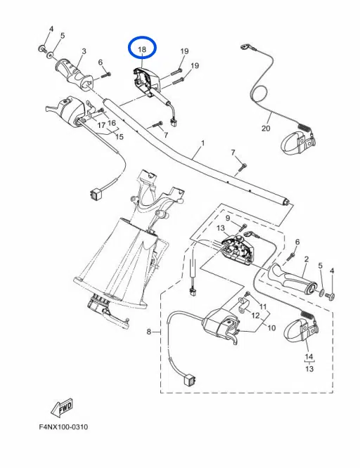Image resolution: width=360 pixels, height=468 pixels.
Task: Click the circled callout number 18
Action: (x=142, y=50)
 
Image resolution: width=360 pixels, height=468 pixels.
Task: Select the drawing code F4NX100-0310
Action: (x=64, y=427)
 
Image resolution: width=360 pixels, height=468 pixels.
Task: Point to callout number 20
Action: (x=265, y=129)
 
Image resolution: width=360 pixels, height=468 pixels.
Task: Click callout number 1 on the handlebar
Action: (x=202, y=143)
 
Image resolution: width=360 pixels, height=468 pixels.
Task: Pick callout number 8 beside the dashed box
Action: (x=148, y=331)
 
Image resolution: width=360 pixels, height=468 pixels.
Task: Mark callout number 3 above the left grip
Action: (x=84, y=51)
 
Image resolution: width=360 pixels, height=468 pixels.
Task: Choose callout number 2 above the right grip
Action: (x=306, y=259)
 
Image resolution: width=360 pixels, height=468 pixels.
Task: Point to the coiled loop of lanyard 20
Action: (x=259, y=94)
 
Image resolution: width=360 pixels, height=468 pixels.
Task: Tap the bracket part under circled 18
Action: (x=146, y=79)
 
